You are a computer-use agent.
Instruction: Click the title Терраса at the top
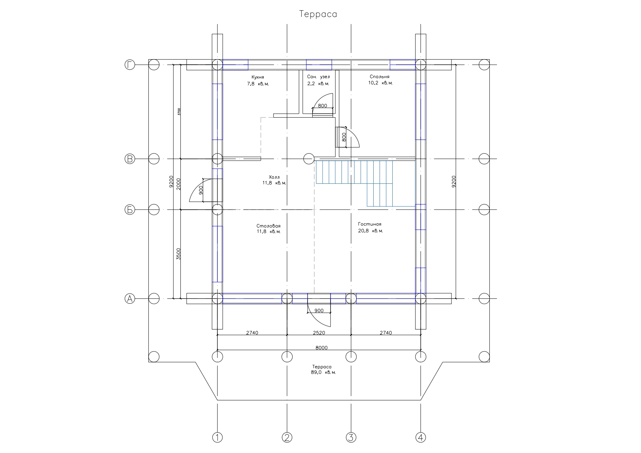318,14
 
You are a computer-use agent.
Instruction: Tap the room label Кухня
257,77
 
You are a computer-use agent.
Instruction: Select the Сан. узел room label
318,77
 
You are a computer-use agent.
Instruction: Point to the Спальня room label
379,77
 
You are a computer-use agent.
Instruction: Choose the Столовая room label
268,226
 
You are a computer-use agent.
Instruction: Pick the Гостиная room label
370,224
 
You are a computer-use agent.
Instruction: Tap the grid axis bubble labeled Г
130,65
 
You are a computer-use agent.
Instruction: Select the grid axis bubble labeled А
130,299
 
